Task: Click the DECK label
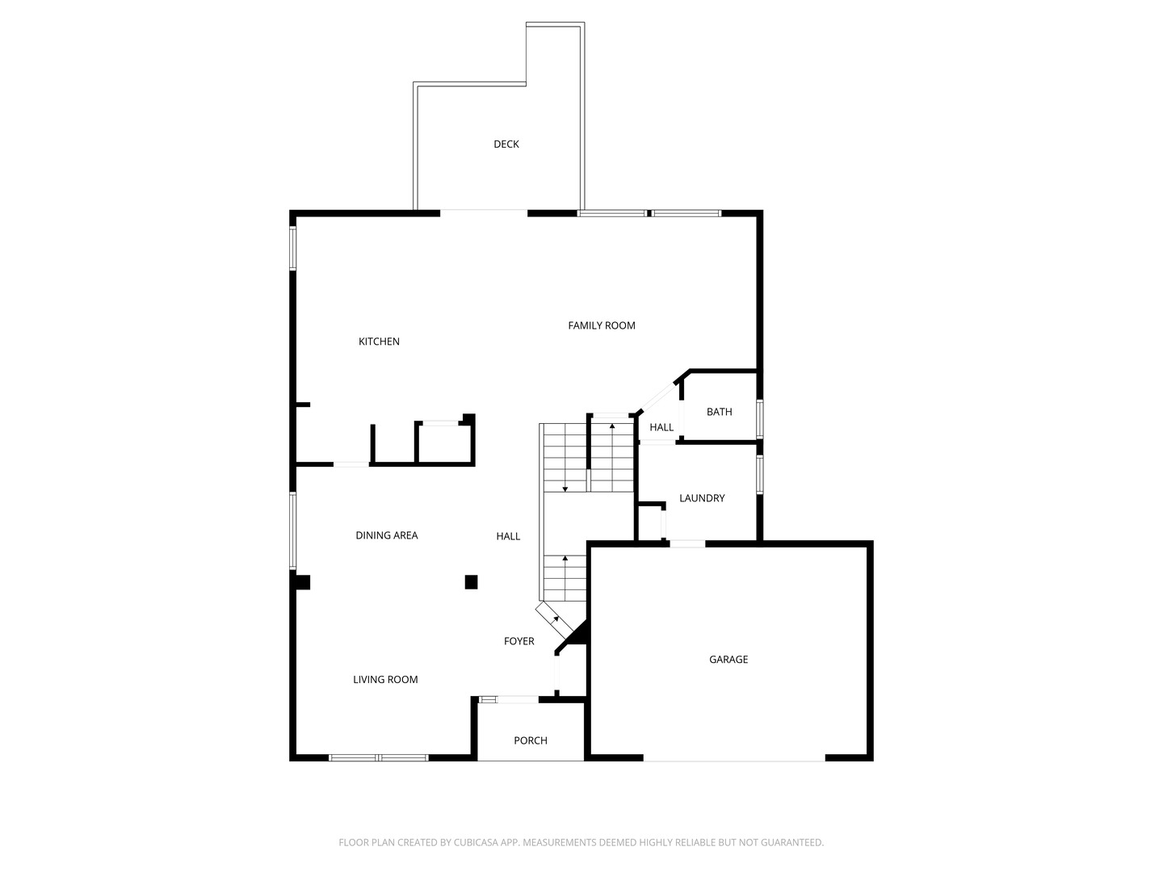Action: pos(506,145)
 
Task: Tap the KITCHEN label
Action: pos(379,342)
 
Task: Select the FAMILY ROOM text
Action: pos(602,325)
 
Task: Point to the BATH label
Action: pos(719,412)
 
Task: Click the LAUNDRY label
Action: pos(702,498)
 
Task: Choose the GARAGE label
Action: pos(728,660)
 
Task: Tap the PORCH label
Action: pos(531,740)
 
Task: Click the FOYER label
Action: pos(519,641)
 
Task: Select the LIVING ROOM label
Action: pos(385,680)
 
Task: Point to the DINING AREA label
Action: pos(387,535)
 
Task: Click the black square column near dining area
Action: pos(471,581)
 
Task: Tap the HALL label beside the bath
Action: pos(661,427)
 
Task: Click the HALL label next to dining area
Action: pos(508,536)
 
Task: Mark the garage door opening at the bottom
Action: pos(734,759)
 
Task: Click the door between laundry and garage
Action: pos(687,543)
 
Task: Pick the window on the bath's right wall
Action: pos(759,418)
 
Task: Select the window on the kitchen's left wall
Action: pos(293,247)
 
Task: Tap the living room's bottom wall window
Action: pos(378,757)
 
